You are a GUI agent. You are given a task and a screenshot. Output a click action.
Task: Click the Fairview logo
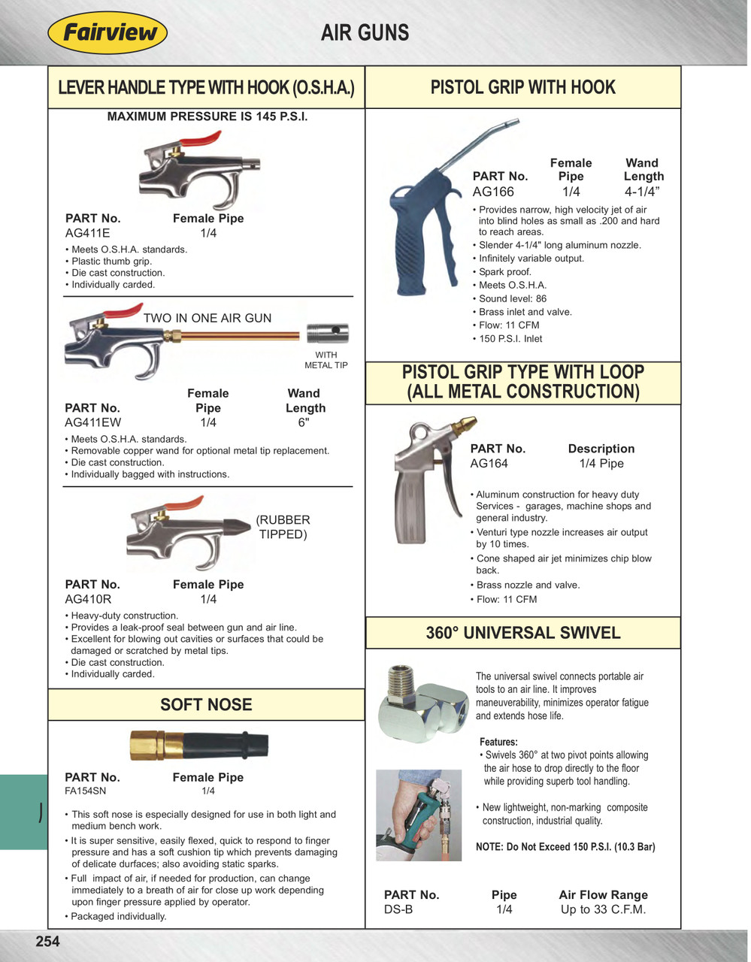click(107, 33)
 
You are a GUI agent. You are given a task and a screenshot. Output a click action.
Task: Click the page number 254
click(47, 941)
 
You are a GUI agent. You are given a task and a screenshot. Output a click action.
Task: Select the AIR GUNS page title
click(365, 33)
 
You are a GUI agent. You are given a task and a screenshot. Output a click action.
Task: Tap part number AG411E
click(87, 233)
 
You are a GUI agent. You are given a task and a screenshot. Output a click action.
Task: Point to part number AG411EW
click(92, 422)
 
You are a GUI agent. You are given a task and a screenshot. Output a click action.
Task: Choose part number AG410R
click(88, 599)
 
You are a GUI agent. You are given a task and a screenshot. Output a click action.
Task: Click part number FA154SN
click(86, 791)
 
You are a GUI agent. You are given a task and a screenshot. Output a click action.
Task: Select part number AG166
click(493, 192)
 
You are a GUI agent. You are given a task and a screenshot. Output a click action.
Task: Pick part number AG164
click(489, 464)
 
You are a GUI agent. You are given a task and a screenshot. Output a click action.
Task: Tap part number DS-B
click(398, 909)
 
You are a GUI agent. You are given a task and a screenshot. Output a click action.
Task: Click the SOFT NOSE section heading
click(206, 704)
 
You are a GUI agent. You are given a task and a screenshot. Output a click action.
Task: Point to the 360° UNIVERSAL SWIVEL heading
click(523, 633)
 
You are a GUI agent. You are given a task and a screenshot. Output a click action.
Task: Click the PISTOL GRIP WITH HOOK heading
click(522, 87)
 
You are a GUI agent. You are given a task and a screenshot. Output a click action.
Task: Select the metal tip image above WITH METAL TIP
click(327, 333)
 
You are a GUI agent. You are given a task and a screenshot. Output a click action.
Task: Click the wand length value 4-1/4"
click(643, 192)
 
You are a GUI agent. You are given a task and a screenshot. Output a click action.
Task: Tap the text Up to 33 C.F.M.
click(603, 909)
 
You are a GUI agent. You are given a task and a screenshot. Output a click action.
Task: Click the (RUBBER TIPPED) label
click(283, 527)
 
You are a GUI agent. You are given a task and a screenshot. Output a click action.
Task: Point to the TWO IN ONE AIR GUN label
click(207, 318)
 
